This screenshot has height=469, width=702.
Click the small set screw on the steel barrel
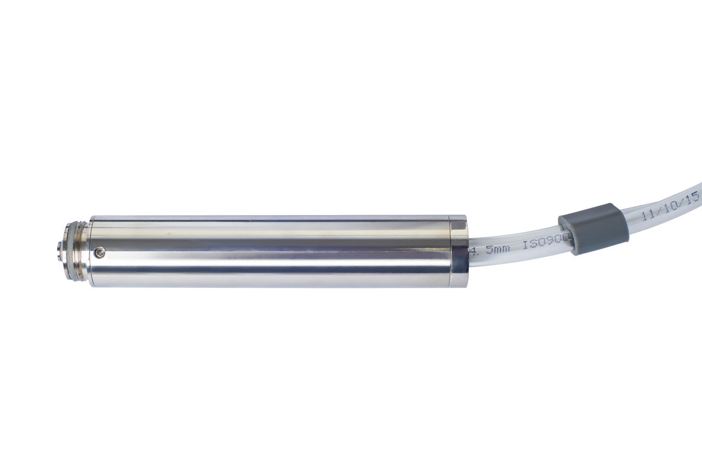point(99,252)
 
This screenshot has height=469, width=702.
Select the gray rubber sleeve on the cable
point(593,228)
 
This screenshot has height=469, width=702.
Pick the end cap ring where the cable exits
point(459,251)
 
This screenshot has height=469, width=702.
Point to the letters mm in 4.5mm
point(501,248)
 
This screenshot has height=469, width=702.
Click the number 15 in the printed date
point(692,197)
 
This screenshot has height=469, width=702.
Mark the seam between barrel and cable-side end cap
point(450,251)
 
